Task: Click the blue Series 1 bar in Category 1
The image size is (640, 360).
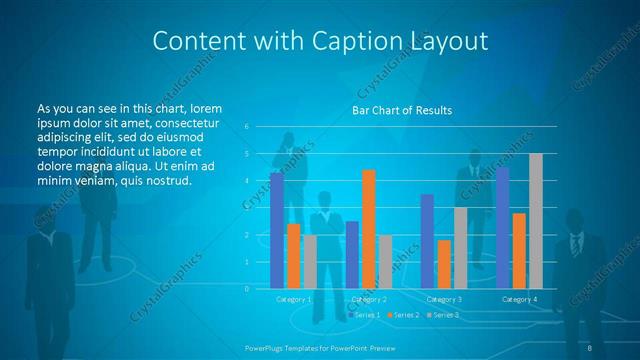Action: [x=276, y=231]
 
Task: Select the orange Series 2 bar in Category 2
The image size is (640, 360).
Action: [x=369, y=229]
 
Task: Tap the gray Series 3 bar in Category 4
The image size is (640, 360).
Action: [x=536, y=221]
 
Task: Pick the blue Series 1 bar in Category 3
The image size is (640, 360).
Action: [x=427, y=241]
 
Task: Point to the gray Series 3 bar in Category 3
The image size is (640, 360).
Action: [x=461, y=248]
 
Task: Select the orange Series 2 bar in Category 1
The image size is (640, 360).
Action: [x=293, y=256]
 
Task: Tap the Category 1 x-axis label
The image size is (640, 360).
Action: [x=294, y=299]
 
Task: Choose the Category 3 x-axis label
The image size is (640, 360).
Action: [x=444, y=299]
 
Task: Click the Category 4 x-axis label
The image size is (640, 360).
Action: [x=519, y=299]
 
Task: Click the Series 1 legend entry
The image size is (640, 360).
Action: [x=364, y=315]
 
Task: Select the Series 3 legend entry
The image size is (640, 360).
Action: [x=443, y=315]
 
